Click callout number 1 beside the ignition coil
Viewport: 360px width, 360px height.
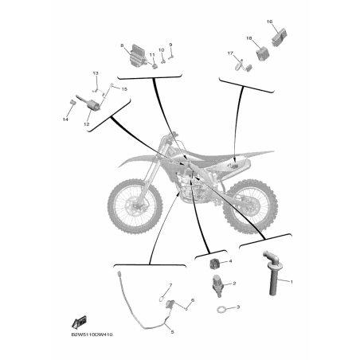pyautogui.click(x=292, y=282)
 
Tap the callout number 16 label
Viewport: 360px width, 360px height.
pyautogui.click(x=269, y=22)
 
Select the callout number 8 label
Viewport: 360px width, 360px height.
pyautogui.click(x=122, y=45)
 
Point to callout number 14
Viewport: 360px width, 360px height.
pyautogui.click(x=65, y=119)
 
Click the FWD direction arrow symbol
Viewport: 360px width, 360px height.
pyautogui.click(x=80, y=323)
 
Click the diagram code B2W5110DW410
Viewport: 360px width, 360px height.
pyautogui.click(x=92, y=335)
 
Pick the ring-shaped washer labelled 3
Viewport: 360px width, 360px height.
pyautogui.click(x=221, y=309)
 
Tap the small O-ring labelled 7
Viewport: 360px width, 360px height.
pyautogui.click(x=162, y=299)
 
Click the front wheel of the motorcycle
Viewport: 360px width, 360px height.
pyautogui.click(x=135, y=206)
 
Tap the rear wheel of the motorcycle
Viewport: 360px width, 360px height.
pyautogui.click(x=250, y=206)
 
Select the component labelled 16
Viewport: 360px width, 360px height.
pyautogui.click(x=280, y=37)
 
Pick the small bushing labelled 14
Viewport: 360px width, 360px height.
pyautogui.click(x=72, y=102)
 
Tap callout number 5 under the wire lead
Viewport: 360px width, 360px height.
pyautogui.click(x=172, y=332)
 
